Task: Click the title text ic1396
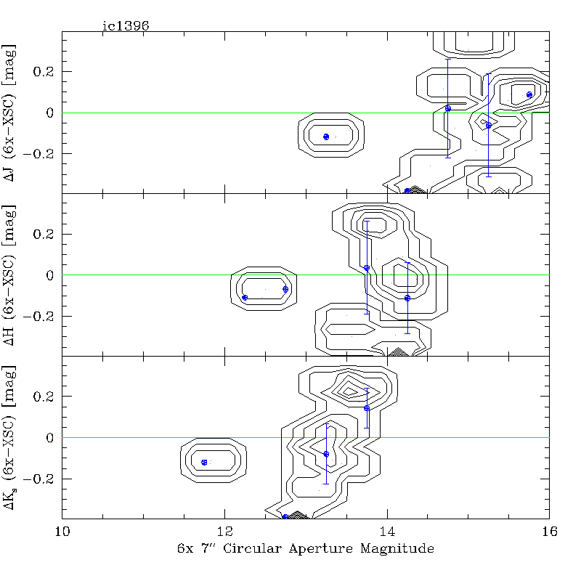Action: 126,25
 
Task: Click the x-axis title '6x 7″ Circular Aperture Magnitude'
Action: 306,548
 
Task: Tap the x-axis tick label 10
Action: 62,531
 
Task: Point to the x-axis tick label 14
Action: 387,531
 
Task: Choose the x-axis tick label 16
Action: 549,531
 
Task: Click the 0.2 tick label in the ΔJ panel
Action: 45,72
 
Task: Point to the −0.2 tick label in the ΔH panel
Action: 41,316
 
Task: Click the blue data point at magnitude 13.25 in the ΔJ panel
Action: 326,137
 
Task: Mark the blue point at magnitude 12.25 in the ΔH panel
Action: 245,297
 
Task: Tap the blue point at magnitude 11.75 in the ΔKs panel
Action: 204,462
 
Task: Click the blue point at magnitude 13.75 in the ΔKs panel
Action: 367,408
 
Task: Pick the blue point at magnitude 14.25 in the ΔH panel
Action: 407,298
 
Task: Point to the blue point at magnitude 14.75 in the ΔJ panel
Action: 448,108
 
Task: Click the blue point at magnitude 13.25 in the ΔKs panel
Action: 326,454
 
